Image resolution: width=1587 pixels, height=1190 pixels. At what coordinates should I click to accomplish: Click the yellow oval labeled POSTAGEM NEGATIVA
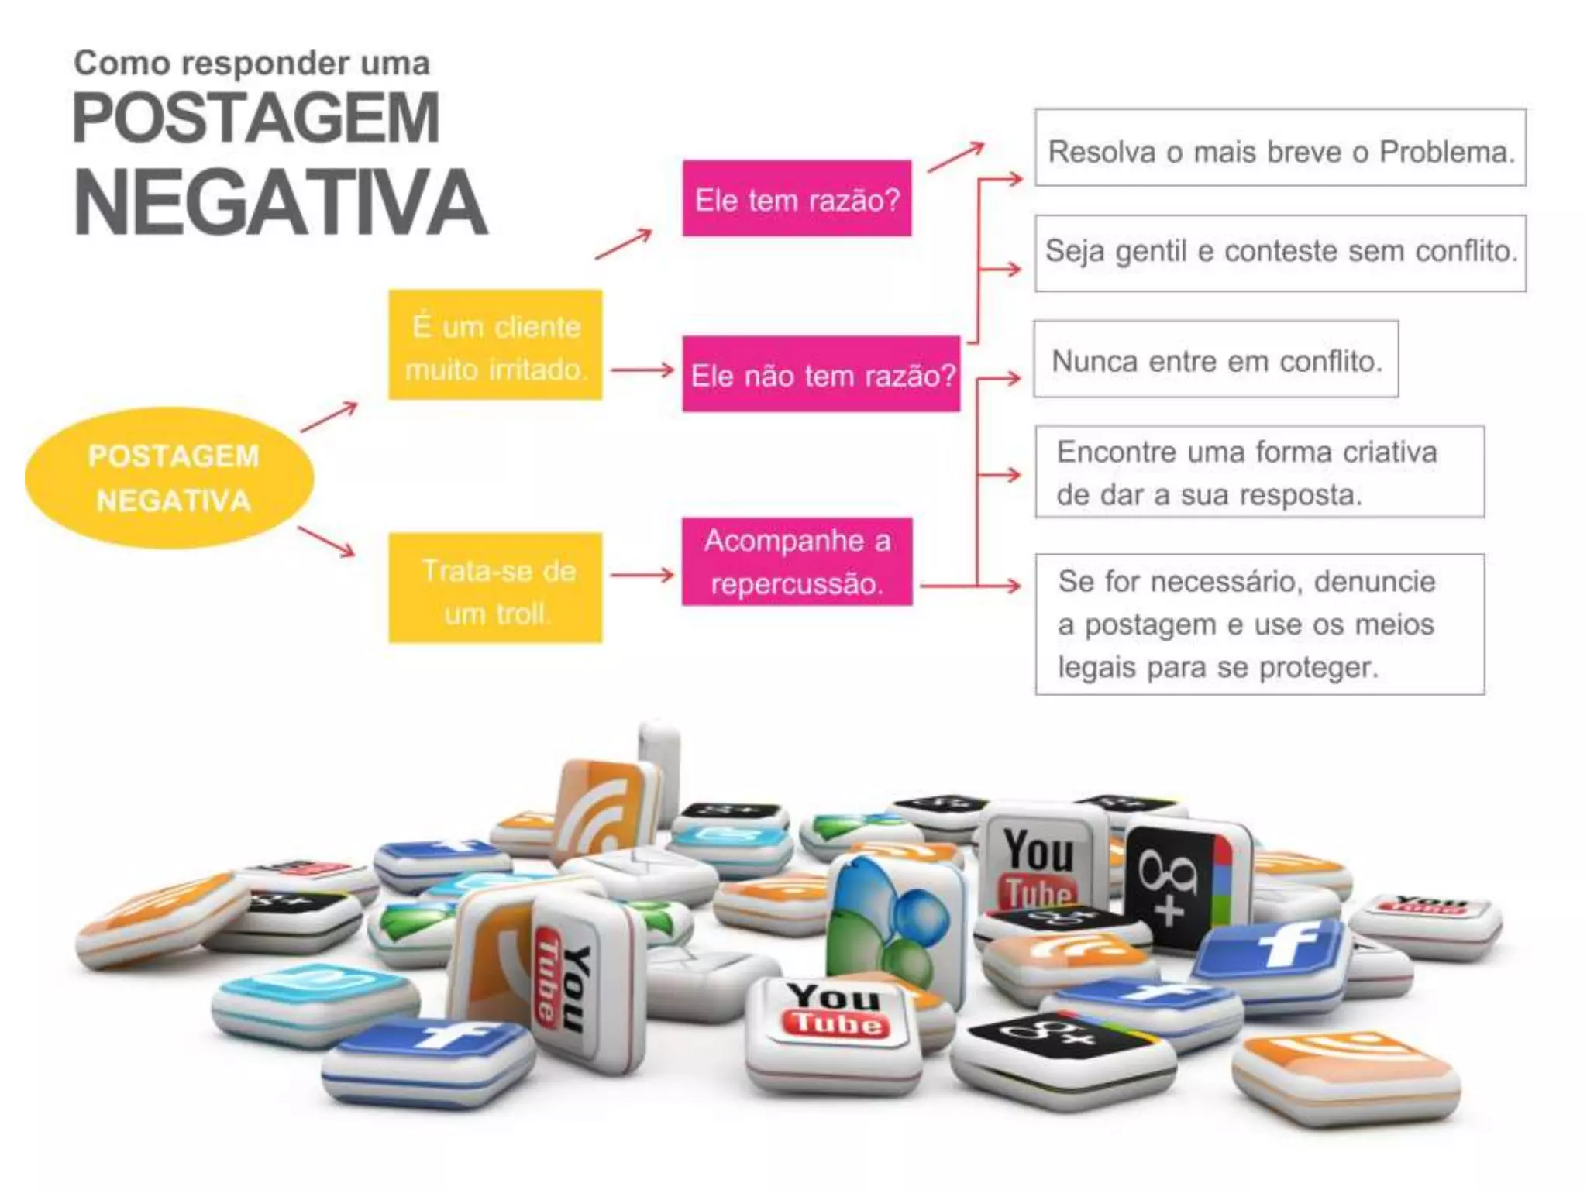[170, 478]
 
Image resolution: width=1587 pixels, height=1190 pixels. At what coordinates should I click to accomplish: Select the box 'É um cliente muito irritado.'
[495, 345]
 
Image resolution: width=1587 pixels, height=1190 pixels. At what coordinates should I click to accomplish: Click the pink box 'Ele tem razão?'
[797, 198]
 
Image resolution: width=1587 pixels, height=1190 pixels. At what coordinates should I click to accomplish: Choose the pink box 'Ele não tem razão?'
[821, 374]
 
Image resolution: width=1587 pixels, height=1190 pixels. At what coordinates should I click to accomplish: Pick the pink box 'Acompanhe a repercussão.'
[797, 562]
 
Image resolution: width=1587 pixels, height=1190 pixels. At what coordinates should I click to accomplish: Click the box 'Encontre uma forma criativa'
[1260, 472]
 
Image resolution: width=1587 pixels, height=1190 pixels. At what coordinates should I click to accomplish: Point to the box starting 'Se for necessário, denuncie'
[1260, 624]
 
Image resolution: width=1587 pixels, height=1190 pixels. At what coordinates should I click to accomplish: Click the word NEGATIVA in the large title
[281, 202]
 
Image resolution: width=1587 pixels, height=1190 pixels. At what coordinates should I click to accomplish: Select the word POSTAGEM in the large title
[256, 118]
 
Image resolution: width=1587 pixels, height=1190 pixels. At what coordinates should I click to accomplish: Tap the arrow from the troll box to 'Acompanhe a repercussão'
[642, 575]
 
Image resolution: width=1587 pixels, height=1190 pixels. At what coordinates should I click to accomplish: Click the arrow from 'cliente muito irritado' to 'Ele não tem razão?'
[642, 370]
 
